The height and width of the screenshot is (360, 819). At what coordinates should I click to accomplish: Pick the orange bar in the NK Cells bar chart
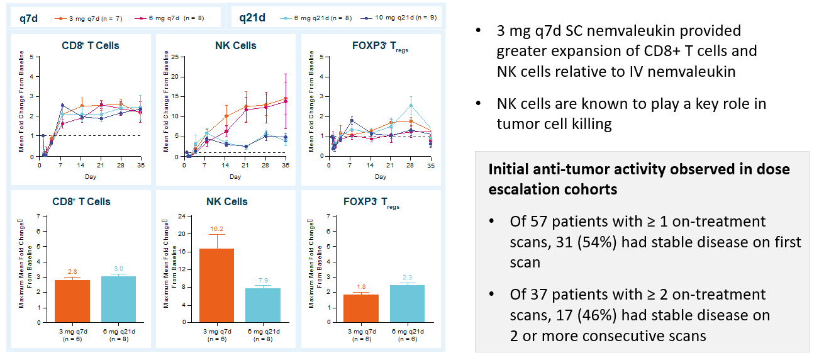tap(216, 285)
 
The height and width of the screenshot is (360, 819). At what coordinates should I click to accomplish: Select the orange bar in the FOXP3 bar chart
tap(360, 308)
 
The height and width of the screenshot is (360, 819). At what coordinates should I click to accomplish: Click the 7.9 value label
tap(262, 281)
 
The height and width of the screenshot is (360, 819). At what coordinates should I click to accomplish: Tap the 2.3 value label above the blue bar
tap(408, 278)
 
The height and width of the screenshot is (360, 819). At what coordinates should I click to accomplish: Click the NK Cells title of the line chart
tap(235, 45)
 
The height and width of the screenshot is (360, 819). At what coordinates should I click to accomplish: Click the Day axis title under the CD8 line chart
tap(90, 177)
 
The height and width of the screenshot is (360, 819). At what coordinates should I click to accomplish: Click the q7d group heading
tap(28, 18)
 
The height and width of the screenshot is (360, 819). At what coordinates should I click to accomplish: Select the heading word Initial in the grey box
tap(510, 169)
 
